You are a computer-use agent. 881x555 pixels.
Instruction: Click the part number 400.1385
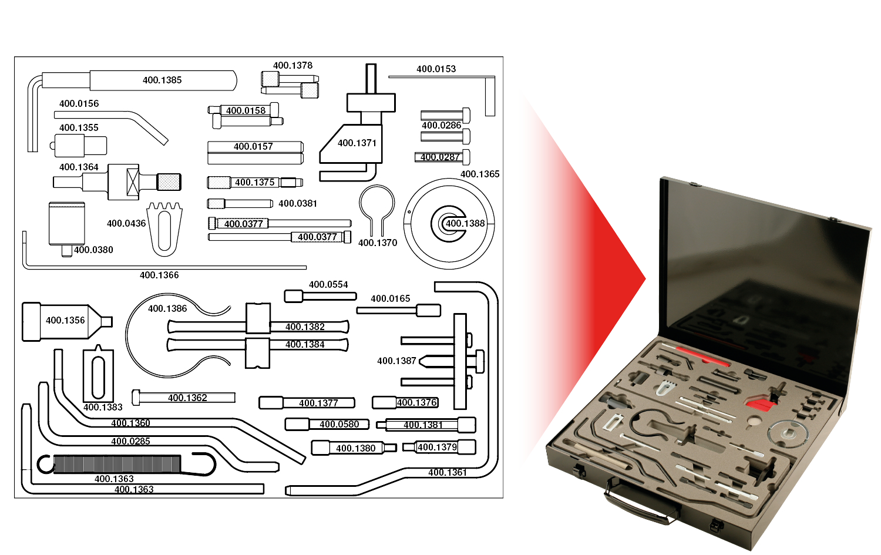(162, 80)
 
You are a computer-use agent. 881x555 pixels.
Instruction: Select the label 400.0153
(436, 69)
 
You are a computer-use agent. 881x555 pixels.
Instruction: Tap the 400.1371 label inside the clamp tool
(357, 143)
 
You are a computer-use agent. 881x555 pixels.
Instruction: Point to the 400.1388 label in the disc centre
(465, 224)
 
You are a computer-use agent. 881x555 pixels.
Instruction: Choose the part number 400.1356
(65, 321)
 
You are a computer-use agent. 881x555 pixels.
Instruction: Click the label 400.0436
(126, 224)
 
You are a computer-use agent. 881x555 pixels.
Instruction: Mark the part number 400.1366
(159, 275)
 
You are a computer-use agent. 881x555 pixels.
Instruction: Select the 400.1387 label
(396, 361)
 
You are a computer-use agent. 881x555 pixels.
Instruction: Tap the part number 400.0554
(328, 285)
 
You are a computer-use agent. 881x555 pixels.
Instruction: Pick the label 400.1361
(448, 473)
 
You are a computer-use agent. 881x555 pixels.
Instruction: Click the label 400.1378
(292, 66)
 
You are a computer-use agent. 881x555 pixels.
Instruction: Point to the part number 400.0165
(391, 299)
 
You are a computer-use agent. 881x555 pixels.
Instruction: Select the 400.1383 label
(103, 408)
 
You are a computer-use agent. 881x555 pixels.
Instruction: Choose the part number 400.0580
(339, 425)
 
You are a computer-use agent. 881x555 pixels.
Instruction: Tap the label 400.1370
(378, 243)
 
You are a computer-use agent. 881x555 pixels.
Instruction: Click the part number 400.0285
(130, 442)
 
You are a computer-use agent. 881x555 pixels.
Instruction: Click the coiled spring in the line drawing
(117, 465)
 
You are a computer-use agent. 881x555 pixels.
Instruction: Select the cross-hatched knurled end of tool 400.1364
(169, 182)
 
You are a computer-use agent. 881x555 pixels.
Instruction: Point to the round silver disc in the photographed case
(789, 433)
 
